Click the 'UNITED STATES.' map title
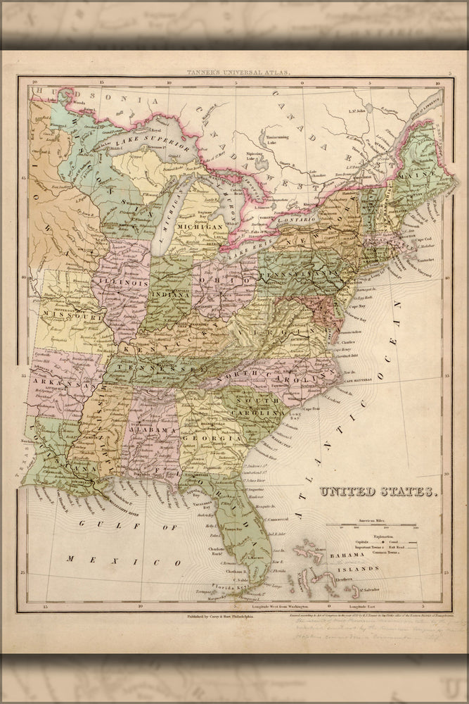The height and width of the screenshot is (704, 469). pos(380,492)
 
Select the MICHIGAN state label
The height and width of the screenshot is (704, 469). pos(200,227)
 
